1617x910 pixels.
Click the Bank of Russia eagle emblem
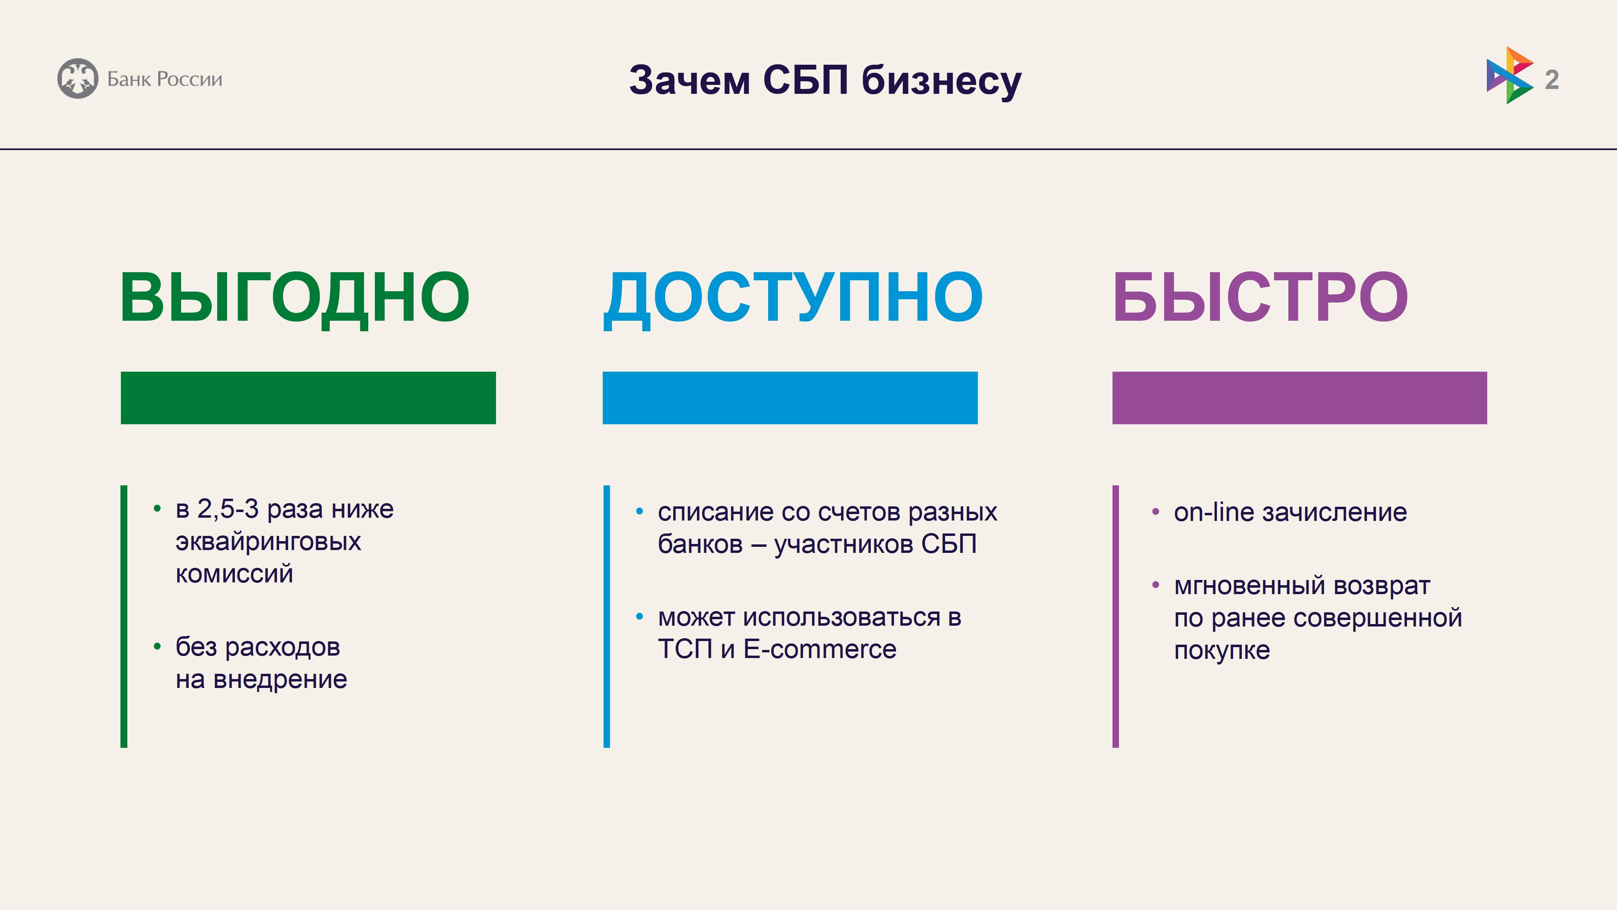coord(78,78)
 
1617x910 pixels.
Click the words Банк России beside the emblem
coord(165,79)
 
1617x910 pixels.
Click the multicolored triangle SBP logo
coord(1509,75)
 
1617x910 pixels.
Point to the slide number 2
coord(1552,80)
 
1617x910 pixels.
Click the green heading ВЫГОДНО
coord(294,298)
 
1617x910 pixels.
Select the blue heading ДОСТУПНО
coord(793,298)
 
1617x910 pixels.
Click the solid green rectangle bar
coord(308,398)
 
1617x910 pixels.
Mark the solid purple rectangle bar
coord(1299,398)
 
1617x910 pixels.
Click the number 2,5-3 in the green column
coord(228,509)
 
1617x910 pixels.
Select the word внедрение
coord(280,679)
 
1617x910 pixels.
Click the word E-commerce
coord(820,650)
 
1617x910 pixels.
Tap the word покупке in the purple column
coord(1222,651)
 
